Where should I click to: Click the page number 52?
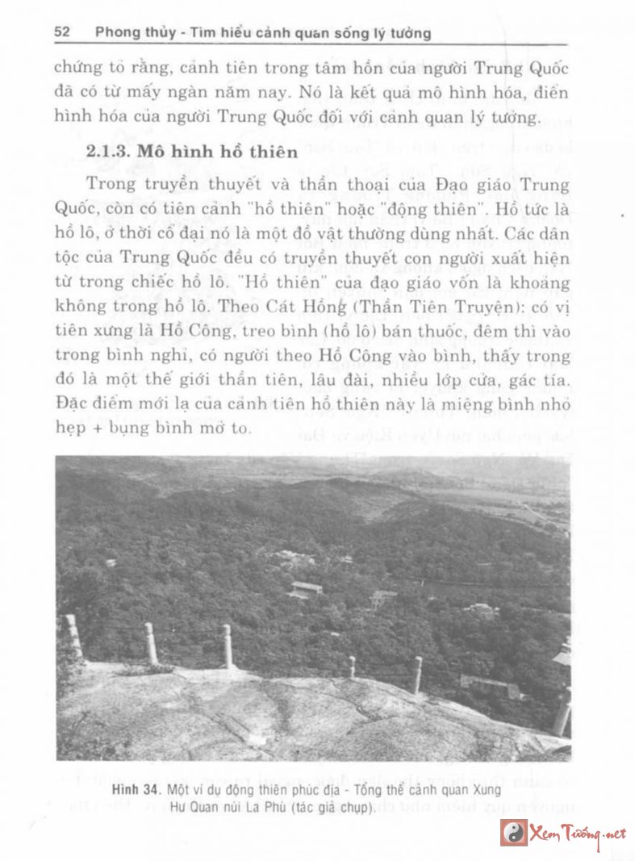pos(63,33)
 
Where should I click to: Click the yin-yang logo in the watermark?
pos(514,832)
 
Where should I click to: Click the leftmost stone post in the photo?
pos(74,635)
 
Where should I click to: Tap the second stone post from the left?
pos(151,642)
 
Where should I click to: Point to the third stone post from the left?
pos(228,646)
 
